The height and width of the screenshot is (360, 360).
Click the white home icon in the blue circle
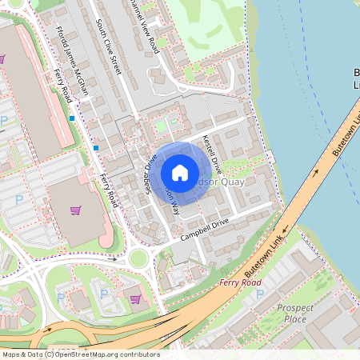click(180, 172)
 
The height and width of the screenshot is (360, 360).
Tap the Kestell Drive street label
click(213, 154)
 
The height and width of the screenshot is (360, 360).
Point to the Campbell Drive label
click(205, 228)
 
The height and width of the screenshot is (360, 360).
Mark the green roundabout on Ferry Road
click(141, 258)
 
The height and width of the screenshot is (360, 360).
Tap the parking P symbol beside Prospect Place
click(259, 294)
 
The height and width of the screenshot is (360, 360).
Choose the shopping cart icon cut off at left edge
click(2, 58)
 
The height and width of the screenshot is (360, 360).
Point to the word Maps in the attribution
click(12, 354)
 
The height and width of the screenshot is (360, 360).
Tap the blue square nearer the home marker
click(96, 147)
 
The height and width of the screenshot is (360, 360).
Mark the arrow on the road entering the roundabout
click(114, 259)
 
